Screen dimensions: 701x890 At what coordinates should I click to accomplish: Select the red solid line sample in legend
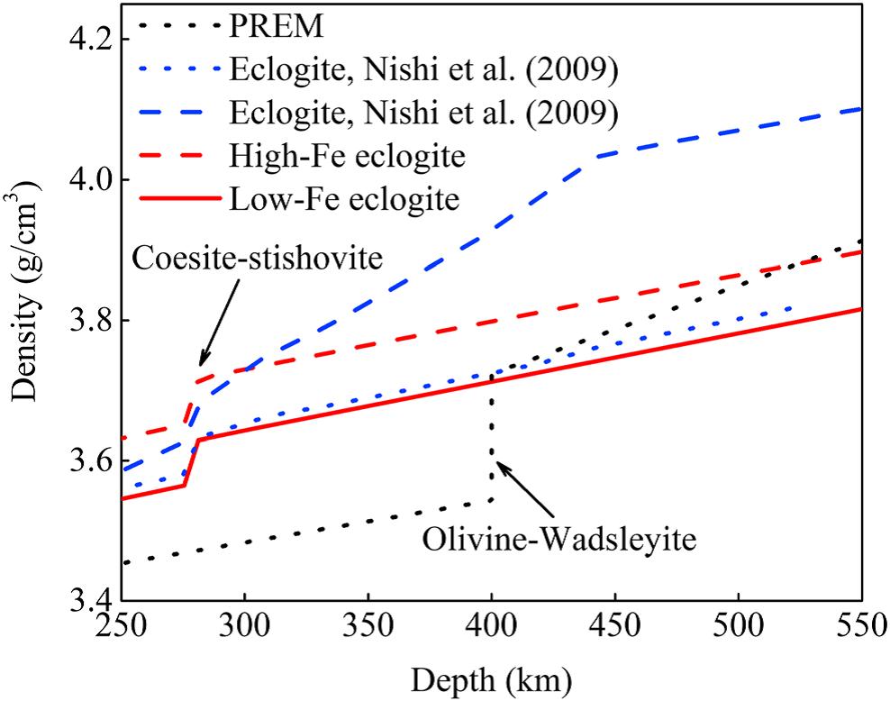(x=170, y=197)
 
